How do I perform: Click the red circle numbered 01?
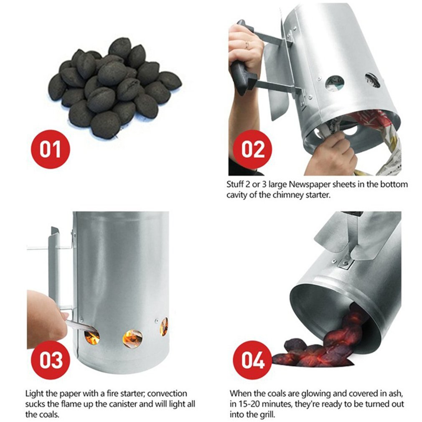(50, 149)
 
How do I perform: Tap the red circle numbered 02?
(252, 149)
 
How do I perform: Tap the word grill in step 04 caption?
(266, 415)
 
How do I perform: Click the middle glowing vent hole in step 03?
(132, 338)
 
